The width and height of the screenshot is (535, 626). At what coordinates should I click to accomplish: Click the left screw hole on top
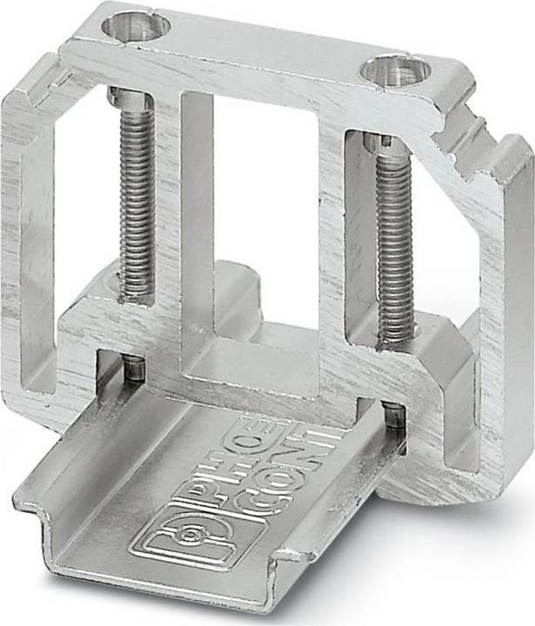click(135, 26)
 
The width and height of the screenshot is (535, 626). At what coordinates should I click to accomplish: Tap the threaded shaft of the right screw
click(395, 243)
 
